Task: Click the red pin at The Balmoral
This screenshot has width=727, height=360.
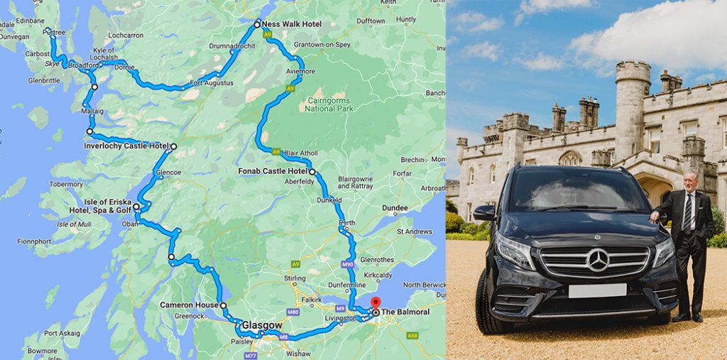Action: pos(376,304)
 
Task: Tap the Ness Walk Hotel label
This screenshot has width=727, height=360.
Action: pos(292,24)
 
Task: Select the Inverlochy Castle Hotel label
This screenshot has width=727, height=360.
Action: pos(126,146)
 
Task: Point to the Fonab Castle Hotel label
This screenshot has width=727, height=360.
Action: pos(275,172)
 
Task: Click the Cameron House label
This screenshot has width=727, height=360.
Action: pos(188,305)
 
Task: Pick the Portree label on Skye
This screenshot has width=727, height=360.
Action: pos(53,32)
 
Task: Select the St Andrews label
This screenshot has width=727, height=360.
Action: pos(414,231)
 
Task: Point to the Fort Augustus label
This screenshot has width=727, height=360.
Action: pos(211,83)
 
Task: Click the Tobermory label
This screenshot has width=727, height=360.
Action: pos(66,184)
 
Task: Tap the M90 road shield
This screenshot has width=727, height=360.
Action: pos(347,264)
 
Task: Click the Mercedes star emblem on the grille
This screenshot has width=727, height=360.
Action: pos(597,261)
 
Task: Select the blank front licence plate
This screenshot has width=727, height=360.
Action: pos(597,290)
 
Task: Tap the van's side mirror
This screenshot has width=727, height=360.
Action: pos(484,213)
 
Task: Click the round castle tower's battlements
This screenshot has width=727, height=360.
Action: pos(633,70)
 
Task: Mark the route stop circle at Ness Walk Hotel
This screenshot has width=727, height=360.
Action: pos(257,23)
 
